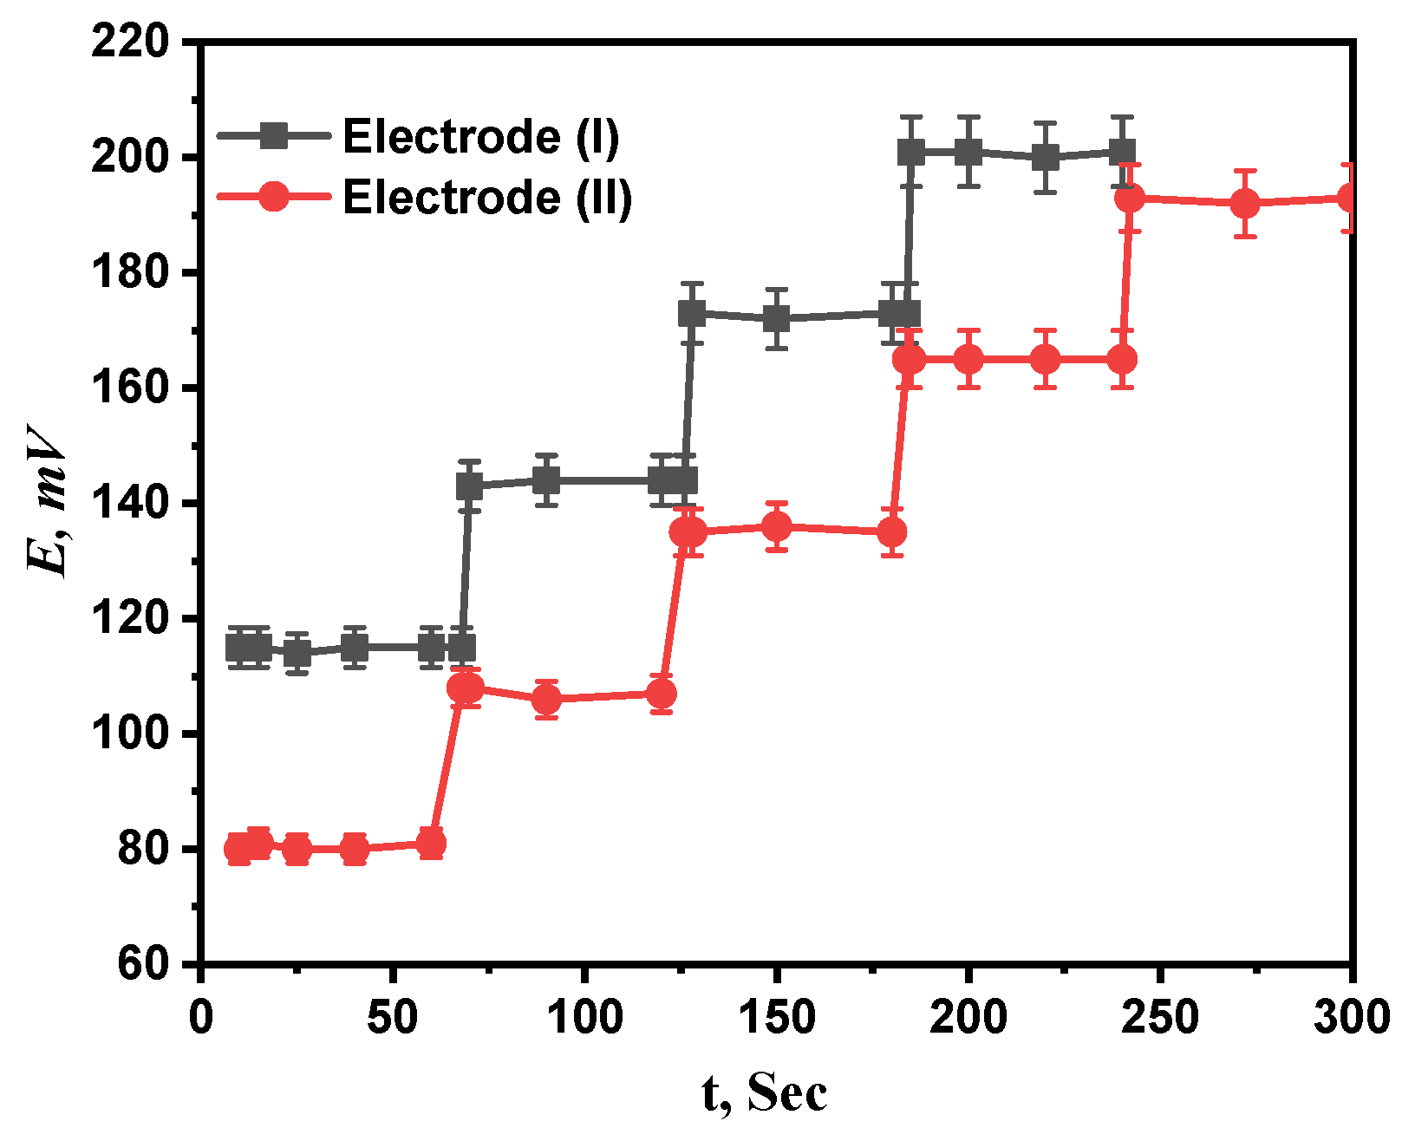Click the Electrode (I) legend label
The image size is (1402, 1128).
(x=481, y=137)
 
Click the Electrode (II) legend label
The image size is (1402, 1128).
(x=487, y=198)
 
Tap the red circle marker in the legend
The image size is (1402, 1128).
(x=274, y=197)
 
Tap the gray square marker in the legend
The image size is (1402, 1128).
(x=274, y=136)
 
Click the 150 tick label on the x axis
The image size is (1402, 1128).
(x=777, y=1016)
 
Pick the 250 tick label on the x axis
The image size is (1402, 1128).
(x=1160, y=1016)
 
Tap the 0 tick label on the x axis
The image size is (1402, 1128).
(x=201, y=1016)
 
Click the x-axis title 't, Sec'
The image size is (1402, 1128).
(x=765, y=1092)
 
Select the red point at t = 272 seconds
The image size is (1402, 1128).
(x=1245, y=204)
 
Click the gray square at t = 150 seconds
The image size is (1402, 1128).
(x=777, y=319)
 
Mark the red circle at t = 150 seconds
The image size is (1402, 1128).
(x=777, y=526)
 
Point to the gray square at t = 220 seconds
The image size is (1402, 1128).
(x=1046, y=157)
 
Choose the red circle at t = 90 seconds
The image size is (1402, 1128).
(x=546, y=699)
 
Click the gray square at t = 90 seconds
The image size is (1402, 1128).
(x=546, y=479)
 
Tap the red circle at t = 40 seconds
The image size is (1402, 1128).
(x=355, y=849)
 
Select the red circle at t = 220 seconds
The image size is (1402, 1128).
(x=1046, y=359)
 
